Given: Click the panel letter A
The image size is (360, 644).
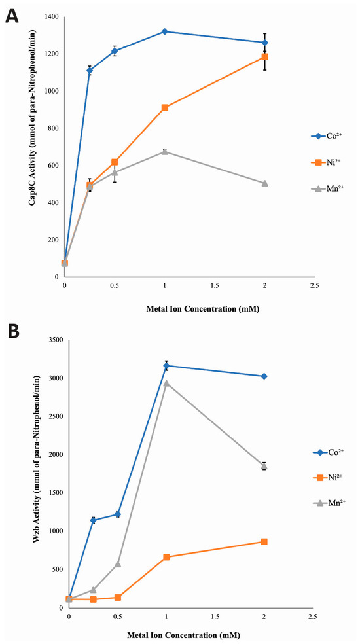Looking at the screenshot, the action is coord(12,16).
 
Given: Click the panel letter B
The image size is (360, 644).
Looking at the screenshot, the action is coord(12,331).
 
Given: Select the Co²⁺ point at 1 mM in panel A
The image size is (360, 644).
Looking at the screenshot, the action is coord(165,31).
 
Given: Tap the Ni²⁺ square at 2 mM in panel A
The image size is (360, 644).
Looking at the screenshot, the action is coord(264,57).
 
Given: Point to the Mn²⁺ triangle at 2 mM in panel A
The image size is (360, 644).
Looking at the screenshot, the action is coord(264,183).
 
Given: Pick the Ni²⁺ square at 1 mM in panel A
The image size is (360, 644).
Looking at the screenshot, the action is coord(165,107).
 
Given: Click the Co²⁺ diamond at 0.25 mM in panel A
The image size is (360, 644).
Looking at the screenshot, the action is coord(90,71).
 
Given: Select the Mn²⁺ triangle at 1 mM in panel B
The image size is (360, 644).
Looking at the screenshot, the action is coord(166,384).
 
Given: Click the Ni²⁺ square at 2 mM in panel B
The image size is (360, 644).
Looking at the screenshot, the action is coord(264,542).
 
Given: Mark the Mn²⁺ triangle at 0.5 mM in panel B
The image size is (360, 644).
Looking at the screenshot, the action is coord(118,564).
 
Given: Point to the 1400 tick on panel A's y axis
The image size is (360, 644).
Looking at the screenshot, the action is coord(52,17).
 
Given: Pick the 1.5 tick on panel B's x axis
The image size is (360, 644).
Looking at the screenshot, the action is coord(215,617).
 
